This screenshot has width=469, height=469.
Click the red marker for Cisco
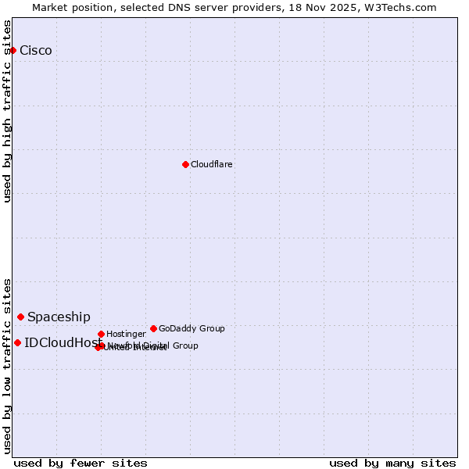(x=13, y=50)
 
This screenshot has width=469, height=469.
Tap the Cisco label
(x=36, y=51)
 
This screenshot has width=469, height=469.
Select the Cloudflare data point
(x=185, y=164)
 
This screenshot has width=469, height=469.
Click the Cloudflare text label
(x=212, y=165)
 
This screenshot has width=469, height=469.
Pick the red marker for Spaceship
(x=21, y=317)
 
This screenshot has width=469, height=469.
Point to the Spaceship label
(x=59, y=317)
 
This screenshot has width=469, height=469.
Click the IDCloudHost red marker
(x=17, y=342)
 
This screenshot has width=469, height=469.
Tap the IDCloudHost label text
(x=63, y=343)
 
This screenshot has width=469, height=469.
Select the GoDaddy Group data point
(x=153, y=328)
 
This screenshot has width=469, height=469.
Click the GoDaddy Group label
(x=192, y=329)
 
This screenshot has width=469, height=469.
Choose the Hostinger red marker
(x=101, y=334)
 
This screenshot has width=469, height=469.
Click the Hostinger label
(x=126, y=335)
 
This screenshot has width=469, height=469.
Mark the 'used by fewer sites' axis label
(x=81, y=464)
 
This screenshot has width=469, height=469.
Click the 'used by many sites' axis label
(x=392, y=464)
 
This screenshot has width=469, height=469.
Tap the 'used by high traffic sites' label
(x=7, y=111)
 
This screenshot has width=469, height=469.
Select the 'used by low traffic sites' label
(x=7, y=366)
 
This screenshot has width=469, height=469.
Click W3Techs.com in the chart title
(x=403, y=7)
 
